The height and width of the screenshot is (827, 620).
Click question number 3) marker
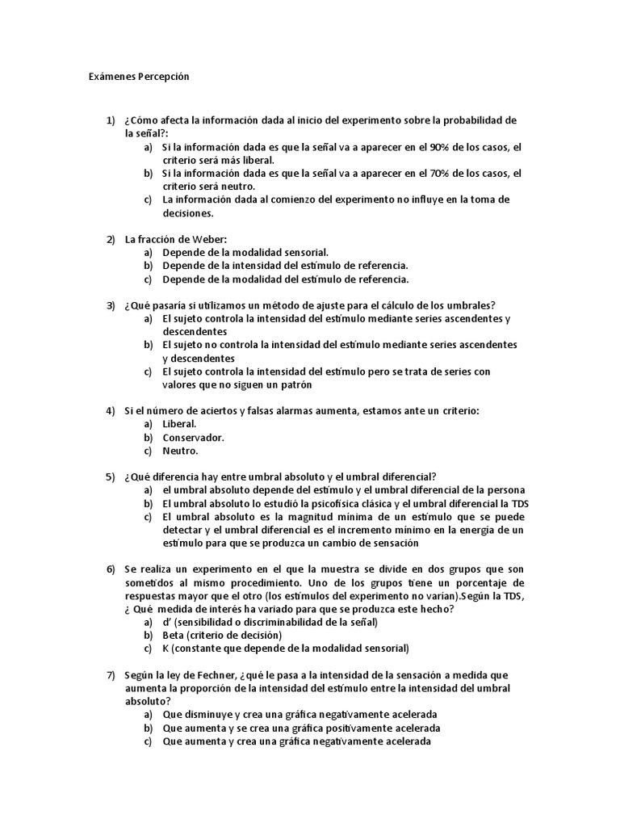pos(111,305)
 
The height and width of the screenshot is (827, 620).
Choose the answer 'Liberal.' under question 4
pos(179,424)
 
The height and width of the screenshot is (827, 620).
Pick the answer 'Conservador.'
pos(194,438)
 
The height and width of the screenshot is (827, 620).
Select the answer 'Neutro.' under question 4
pos(180,451)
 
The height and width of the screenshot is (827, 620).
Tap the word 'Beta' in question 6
pos(174,635)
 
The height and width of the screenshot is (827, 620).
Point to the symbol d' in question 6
pos(166,622)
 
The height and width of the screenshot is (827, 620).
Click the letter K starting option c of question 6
pos(165,648)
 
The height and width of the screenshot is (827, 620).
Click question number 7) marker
pos(111,675)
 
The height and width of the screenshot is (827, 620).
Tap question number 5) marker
pos(111,476)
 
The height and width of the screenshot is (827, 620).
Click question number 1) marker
pos(111,121)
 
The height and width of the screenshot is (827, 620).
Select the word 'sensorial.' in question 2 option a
pos(302,253)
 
